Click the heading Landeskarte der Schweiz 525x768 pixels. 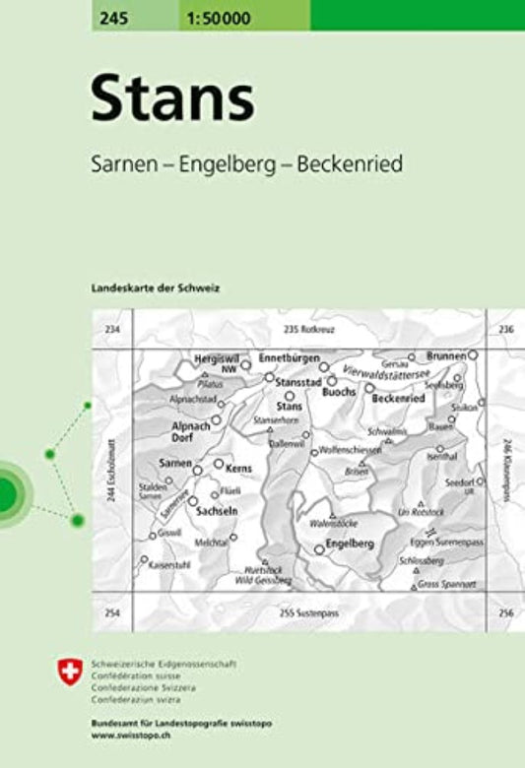(156, 287)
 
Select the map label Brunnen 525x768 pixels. (446, 353)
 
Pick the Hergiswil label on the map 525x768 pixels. (217, 359)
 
